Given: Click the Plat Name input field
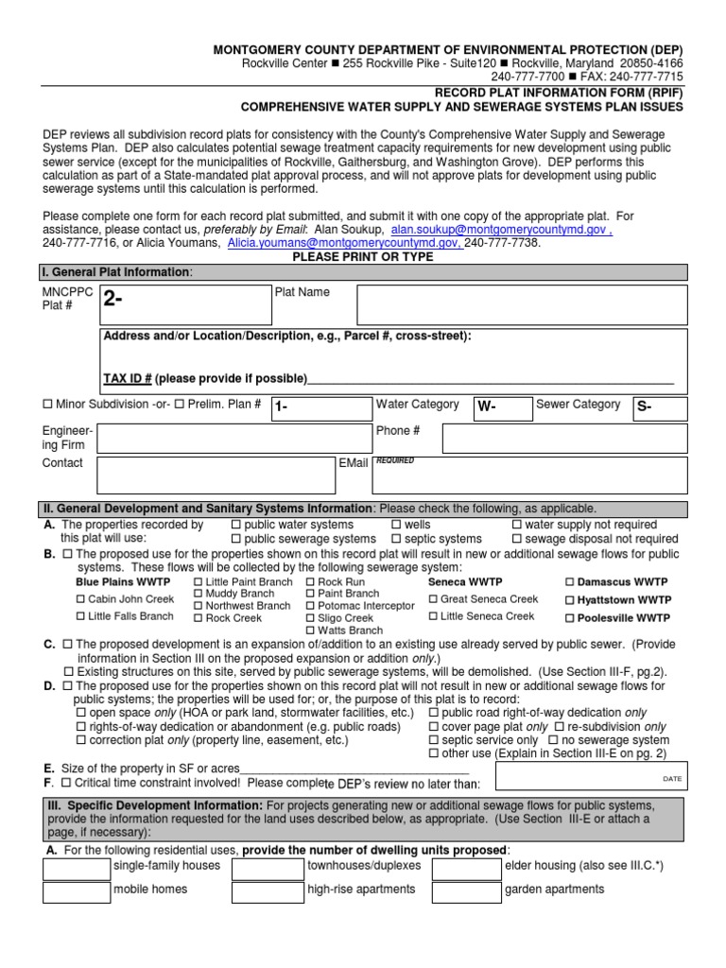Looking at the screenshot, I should (522, 304).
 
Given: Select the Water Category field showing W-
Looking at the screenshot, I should (500, 407).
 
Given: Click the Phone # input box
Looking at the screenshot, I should (564, 438).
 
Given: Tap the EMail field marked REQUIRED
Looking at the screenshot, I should (529, 475).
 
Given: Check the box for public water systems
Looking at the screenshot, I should (236, 525).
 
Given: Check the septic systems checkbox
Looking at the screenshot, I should (396, 539).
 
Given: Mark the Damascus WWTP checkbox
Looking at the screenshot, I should (570, 582).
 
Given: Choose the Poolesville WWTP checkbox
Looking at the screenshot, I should (570, 618).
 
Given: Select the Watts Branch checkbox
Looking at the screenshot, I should (311, 631).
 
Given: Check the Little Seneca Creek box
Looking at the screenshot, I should (433, 616).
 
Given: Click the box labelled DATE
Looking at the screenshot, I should (592, 775).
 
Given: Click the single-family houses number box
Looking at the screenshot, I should (77, 867).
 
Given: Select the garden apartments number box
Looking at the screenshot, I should (466, 892).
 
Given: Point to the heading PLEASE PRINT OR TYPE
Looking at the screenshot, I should (363, 257).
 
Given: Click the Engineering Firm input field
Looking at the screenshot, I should (233, 438).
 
